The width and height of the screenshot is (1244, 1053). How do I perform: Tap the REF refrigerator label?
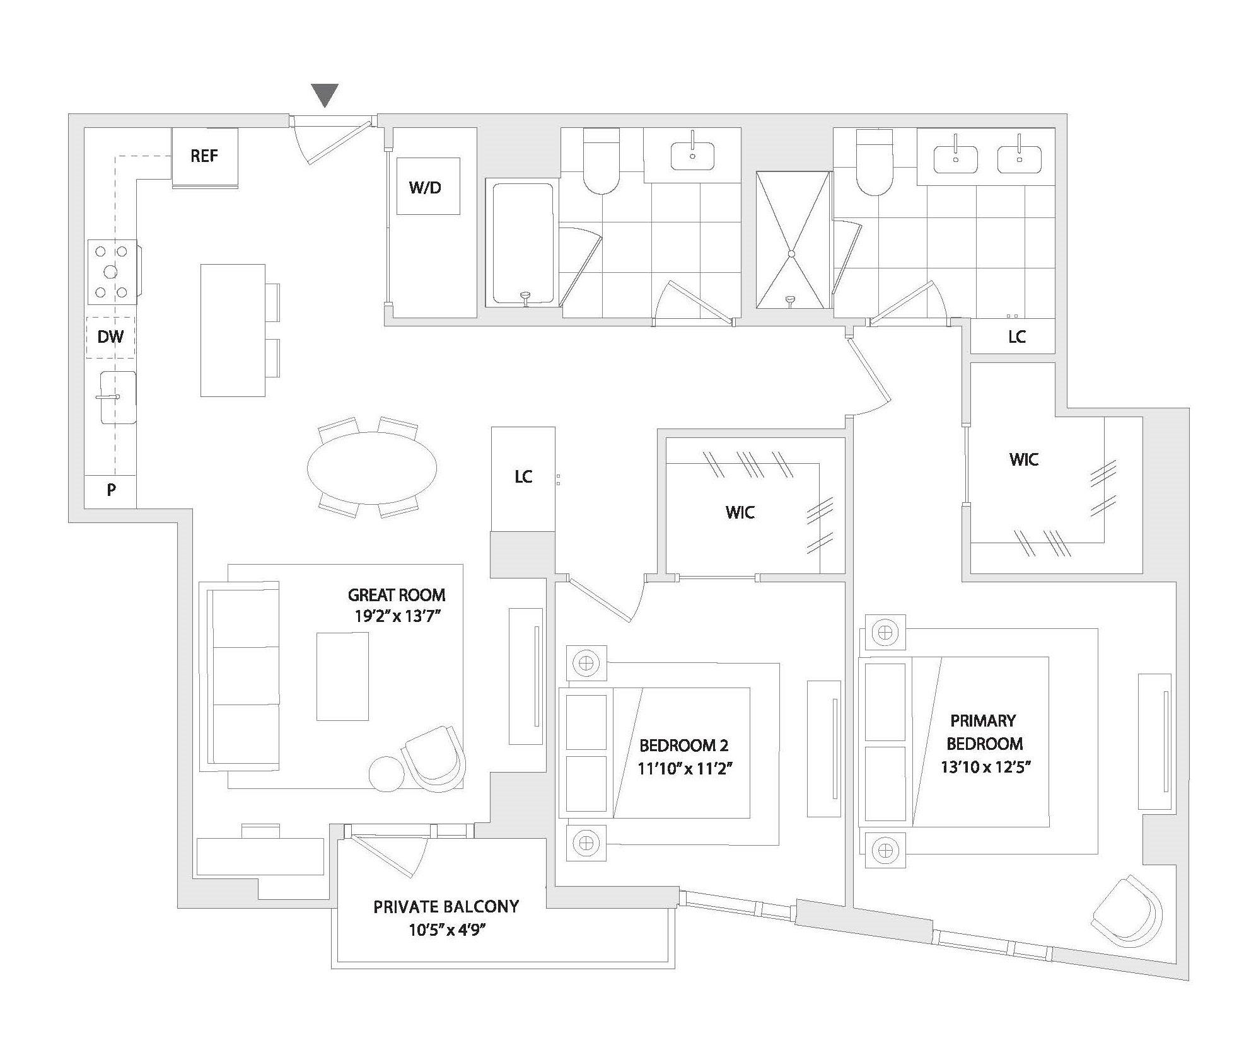tap(204, 156)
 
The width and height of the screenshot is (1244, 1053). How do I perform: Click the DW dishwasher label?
tap(110, 337)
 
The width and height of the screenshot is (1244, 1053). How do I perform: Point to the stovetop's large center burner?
tap(111, 272)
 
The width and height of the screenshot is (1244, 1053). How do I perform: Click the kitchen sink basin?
tap(117, 397)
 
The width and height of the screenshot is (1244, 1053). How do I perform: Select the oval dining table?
tap(371, 467)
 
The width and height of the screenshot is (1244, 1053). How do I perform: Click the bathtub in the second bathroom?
tap(522, 243)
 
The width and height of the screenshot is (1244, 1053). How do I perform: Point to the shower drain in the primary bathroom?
tap(793, 253)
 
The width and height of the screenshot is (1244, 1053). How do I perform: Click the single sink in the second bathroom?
tap(692, 156)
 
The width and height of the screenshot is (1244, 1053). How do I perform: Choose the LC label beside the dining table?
tap(523, 477)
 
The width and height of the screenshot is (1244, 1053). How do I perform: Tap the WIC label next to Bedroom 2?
tap(740, 512)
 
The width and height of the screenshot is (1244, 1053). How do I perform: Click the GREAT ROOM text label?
tap(397, 595)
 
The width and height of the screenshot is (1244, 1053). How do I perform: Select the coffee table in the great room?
tap(342, 676)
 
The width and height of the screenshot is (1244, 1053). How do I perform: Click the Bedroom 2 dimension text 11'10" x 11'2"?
tap(684, 769)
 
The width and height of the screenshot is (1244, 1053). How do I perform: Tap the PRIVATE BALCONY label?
tap(446, 906)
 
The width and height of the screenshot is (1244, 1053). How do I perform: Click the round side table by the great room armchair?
tap(386, 773)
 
